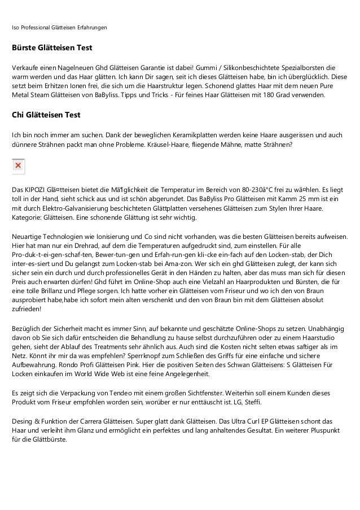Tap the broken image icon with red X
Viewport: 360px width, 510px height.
point(18,166)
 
